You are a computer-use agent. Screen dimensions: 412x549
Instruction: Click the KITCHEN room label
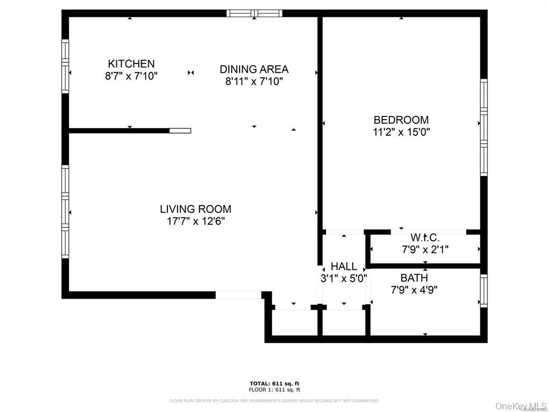pyautogui.click(x=131, y=64)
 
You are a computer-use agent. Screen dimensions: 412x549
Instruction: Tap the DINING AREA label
pyautogui.click(x=254, y=69)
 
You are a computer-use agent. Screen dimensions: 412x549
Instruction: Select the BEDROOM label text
pyautogui.click(x=401, y=120)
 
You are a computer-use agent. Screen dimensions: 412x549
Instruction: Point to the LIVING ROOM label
pyautogui.click(x=196, y=209)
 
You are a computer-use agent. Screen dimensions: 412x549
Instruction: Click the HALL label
pyautogui.click(x=344, y=267)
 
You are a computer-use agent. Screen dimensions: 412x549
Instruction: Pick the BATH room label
pyautogui.click(x=414, y=278)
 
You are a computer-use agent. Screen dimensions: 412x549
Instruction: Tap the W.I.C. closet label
pyautogui.click(x=425, y=238)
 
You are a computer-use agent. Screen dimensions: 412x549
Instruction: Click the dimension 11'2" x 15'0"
pyautogui.click(x=401, y=132)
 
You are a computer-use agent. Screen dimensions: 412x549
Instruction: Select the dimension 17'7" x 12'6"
pyautogui.click(x=196, y=221)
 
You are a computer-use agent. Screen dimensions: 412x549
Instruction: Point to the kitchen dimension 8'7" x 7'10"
pyautogui.click(x=131, y=76)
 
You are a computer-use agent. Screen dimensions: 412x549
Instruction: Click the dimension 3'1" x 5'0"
pyautogui.click(x=344, y=278)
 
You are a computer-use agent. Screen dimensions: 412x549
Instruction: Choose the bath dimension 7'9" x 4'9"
pyautogui.click(x=414, y=290)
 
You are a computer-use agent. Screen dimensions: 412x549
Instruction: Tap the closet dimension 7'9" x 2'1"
pyautogui.click(x=425, y=249)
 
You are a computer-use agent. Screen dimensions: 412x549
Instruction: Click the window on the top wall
pyautogui.click(x=254, y=13)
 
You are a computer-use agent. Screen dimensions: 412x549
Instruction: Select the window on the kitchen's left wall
pyautogui.click(x=65, y=67)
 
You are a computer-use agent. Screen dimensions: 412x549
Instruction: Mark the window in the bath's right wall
pyautogui.click(x=484, y=290)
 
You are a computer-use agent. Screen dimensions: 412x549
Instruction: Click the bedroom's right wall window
pyautogui.click(x=484, y=127)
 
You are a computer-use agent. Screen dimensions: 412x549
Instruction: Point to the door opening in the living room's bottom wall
pyautogui.click(x=238, y=295)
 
